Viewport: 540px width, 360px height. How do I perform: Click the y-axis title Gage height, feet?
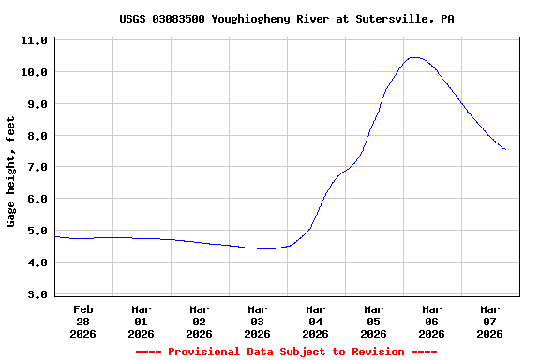click(11, 172)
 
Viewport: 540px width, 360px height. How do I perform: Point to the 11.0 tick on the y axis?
click(34, 41)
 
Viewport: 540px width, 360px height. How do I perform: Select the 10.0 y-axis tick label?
click(34, 72)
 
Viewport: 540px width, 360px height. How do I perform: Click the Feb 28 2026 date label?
click(83, 321)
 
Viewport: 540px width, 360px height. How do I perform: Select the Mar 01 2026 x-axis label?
click(142, 321)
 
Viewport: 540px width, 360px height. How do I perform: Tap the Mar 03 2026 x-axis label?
click(258, 321)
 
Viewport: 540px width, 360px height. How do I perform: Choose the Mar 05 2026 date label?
click(374, 321)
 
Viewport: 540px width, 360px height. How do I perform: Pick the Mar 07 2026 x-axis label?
click(490, 321)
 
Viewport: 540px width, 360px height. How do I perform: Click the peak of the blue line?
click(413, 57)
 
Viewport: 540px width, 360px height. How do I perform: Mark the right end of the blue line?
click(505, 149)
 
